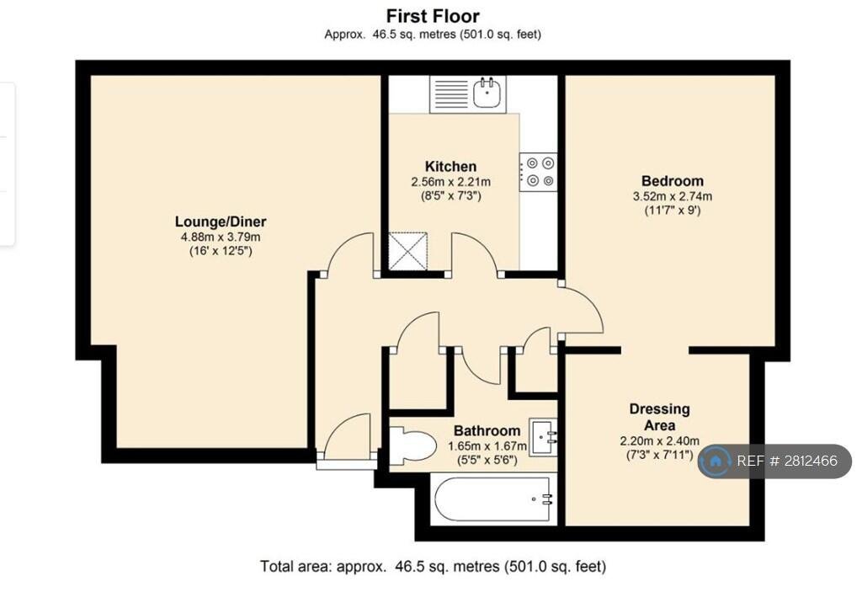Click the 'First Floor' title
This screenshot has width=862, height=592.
[433, 16]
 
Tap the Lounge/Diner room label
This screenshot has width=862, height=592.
[221, 221]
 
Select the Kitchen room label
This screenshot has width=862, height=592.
[451, 166]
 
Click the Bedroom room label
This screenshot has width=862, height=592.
[673, 181]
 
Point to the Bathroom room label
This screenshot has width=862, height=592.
[487, 431]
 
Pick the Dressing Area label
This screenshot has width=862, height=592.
[659, 417]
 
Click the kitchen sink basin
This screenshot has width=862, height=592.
[487, 93]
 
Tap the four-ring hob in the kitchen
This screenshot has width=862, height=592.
[539, 172]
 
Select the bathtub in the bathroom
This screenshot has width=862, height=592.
[493, 499]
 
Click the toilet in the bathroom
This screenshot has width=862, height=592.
[412, 444]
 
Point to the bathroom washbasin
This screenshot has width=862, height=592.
[543, 437]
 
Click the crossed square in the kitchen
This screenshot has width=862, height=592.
[408, 252]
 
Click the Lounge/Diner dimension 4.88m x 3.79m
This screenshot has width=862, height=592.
[221, 237]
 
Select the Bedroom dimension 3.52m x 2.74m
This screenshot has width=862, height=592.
[673, 196]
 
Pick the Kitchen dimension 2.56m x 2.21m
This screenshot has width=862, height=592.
[451, 182]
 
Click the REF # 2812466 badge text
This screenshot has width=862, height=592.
[787, 461]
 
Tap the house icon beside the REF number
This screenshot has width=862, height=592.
[716, 461]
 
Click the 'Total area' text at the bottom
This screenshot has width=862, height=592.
[433, 566]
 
